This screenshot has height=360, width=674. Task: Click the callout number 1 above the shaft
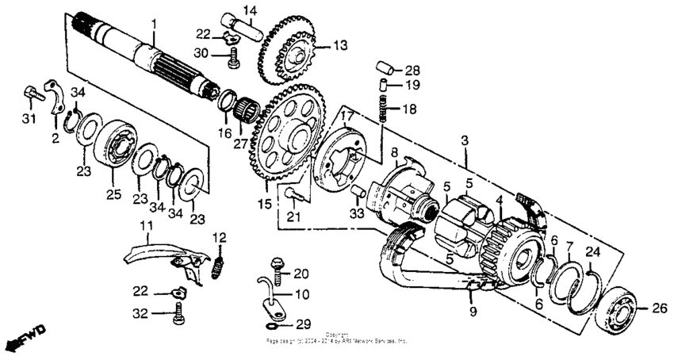[155, 25]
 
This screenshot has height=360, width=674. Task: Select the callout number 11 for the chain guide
[145, 228]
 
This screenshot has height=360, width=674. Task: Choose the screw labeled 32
[178, 315]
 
